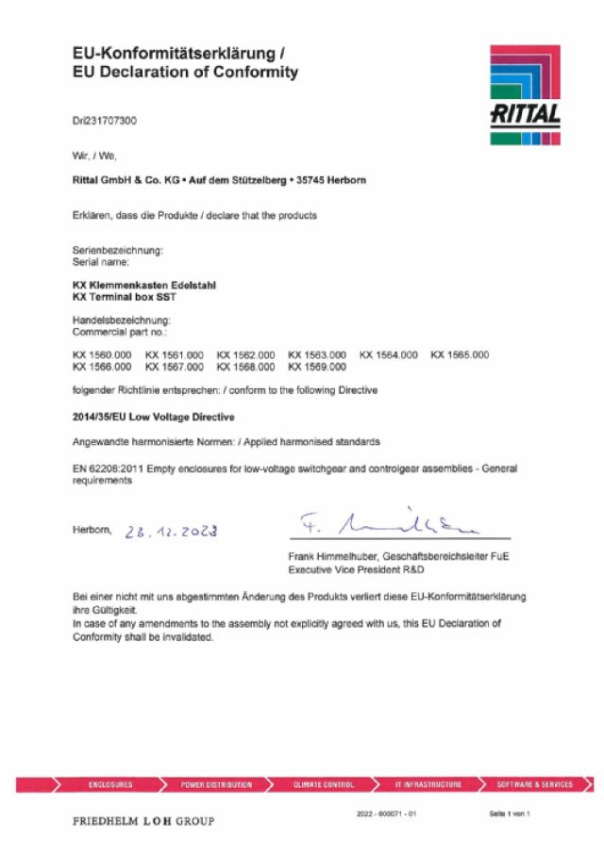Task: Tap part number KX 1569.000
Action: pos(317,367)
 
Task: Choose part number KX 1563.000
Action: pos(317,355)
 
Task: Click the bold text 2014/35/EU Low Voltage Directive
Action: pos(154,417)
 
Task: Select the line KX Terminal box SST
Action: pos(125,297)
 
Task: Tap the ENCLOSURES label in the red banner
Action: pos(110,784)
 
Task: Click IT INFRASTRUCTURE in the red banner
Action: pos(428,784)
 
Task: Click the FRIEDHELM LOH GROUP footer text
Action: pos(143,821)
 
